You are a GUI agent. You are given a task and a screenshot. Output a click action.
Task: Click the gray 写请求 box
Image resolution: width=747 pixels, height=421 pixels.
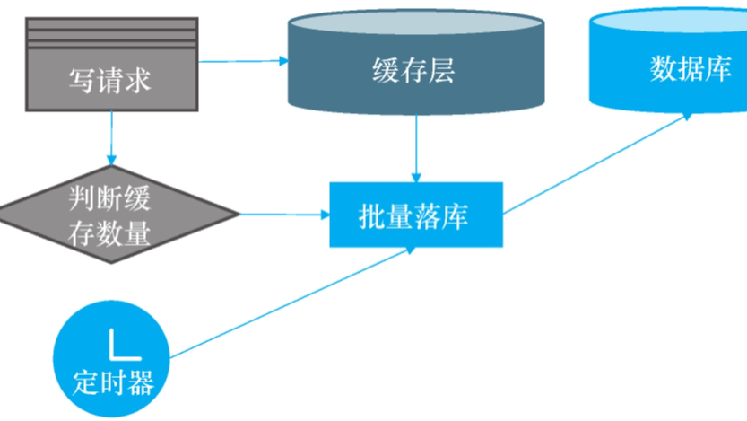(x=110, y=79)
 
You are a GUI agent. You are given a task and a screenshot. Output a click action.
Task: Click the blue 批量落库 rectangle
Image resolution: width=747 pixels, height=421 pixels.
(x=415, y=215)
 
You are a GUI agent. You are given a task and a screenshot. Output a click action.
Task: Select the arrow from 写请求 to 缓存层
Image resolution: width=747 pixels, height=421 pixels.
(x=242, y=61)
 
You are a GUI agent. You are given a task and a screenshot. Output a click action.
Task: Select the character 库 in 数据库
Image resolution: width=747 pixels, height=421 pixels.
(x=718, y=68)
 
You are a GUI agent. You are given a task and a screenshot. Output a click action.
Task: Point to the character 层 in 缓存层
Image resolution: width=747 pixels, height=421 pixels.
(x=442, y=70)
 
